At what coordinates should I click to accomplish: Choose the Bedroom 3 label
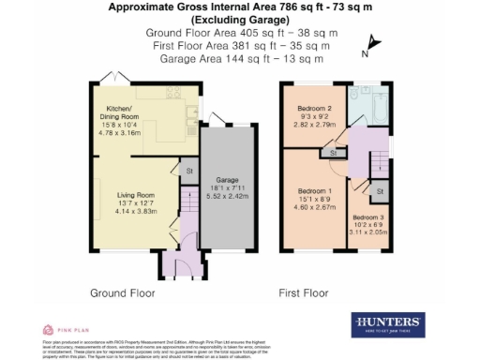(367, 217)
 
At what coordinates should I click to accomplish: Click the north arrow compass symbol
(372, 42)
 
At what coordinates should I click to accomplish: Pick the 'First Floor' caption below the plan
(304, 293)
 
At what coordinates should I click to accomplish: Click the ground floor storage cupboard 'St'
(187, 171)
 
